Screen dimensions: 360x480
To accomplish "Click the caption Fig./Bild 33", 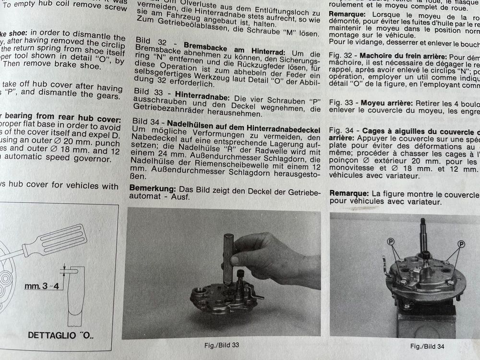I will [222, 345].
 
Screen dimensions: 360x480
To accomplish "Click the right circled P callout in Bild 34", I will [462, 243].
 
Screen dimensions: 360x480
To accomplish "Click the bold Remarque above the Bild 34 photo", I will [348, 194].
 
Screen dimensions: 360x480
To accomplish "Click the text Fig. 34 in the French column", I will [340, 131].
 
